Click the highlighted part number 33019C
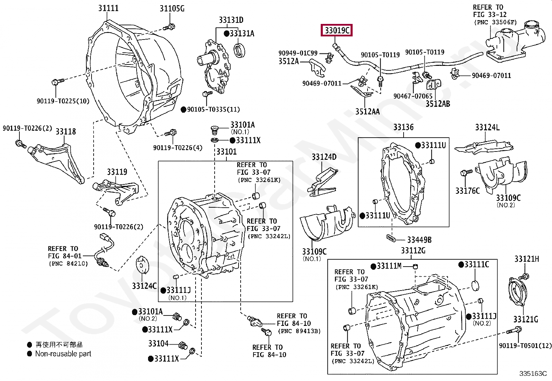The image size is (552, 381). tap(337, 31)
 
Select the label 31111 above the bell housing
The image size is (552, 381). tap(108, 8)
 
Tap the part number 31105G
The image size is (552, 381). tap(172, 9)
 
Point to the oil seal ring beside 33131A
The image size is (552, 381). tap(239, 51)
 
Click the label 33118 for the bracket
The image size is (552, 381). tap(66, 132)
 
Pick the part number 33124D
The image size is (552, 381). tap(324, 157)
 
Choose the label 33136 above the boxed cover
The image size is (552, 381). tap(403, 127)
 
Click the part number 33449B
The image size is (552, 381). tap(419, 240)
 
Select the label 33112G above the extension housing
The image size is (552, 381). tap(413, 251)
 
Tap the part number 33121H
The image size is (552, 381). tap(526, 259)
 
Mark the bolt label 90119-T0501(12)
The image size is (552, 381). tap(525, 346)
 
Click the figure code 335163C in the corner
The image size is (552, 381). tap(533, 373)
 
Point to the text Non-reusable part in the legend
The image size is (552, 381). tap(63, 354)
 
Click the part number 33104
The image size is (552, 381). tap(158, 344)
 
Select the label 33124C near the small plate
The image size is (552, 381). tap(144, 286)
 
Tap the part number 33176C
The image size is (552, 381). tap(467, 191)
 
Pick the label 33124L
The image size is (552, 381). tap(487, 128)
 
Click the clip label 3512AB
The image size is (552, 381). tap(438, 104)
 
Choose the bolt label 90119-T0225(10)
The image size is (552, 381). tap(63, 101)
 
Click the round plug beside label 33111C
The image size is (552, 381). tap(475, 286)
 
